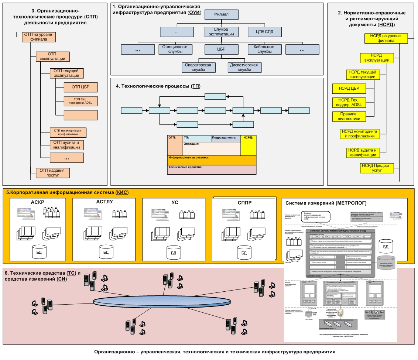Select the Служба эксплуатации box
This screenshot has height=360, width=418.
221,31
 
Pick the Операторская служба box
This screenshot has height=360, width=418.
198,67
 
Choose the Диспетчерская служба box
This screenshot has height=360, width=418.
242,67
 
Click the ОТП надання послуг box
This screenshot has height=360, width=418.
52,172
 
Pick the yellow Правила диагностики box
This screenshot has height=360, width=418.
349,116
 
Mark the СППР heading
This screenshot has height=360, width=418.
244,203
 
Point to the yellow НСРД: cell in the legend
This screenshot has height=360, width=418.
248,145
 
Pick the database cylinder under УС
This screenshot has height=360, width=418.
174,252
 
